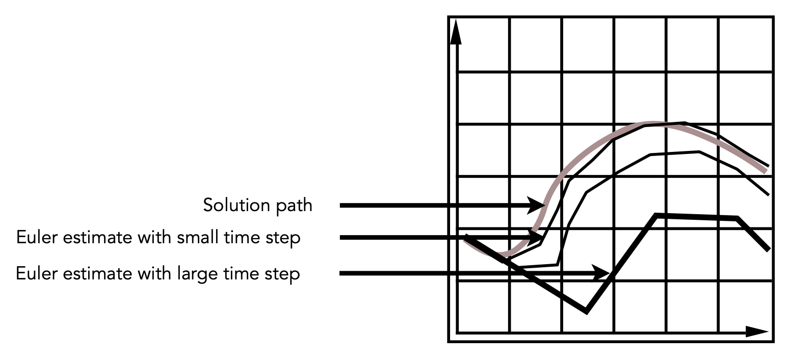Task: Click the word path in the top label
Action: [294, 205]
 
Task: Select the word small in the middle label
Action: [198, 237]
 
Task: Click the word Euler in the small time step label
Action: [37, 237]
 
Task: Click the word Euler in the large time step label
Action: [36, 273]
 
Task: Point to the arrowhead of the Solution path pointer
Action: [536, 205]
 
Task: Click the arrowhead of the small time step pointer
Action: [534, 238]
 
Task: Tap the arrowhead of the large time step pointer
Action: [600, 273]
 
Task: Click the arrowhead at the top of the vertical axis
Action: [456, 32]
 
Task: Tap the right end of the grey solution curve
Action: [766, 171]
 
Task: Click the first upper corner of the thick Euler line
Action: [656, 215]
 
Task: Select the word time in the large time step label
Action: [241, 273]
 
